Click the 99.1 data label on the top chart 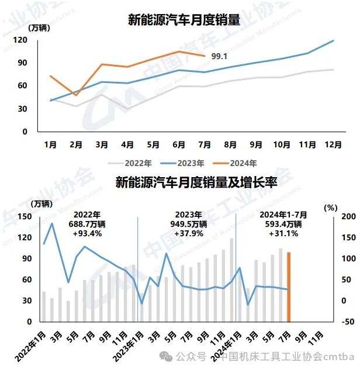pyautogui.click(x=219, y=56)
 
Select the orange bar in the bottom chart pyautogui.click(x=289, y=286)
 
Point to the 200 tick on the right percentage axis pyautogui.click(x=347, y=216)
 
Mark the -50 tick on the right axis pyautogui.click(x=347, y=322)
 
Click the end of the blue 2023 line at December pyautogui.click(x=333, y=40)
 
